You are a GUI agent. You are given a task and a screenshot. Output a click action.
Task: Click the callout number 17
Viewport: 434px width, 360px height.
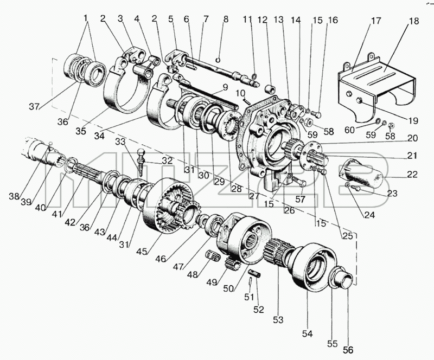(x=376, y=21)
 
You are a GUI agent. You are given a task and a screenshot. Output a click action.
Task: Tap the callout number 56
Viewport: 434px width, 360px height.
(x=348, y=350)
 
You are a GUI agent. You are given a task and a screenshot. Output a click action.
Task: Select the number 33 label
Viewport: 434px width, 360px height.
(x=120, y=142)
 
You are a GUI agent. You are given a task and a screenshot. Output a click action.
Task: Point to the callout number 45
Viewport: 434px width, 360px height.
(x=142, y=252)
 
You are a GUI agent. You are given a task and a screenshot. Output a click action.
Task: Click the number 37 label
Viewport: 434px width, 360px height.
(x=34, y=106)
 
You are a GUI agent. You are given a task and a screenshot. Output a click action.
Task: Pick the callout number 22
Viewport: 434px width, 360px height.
(x=412, y=175)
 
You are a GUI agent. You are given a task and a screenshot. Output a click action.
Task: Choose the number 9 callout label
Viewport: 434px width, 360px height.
(x=225, y=87)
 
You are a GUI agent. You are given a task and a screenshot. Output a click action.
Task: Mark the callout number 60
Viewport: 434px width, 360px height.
(x=349, y=130)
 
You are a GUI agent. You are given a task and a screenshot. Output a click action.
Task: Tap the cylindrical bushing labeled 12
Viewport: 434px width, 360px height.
(x=270, y=89)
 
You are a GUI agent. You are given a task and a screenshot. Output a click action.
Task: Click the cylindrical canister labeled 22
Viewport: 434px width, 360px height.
(x=362, y=173)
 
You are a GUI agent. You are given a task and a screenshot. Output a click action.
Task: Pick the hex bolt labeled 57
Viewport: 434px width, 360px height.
(x=299, y=182)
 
